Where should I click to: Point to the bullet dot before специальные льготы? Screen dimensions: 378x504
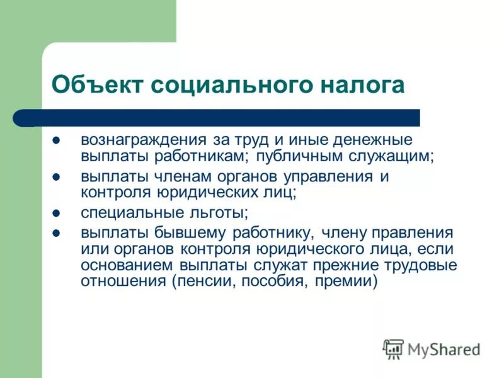(x=55, y=214)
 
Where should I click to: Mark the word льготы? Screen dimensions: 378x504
(x=221, y=214)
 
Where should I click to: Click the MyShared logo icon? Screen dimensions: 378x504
(x=393, y=348)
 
